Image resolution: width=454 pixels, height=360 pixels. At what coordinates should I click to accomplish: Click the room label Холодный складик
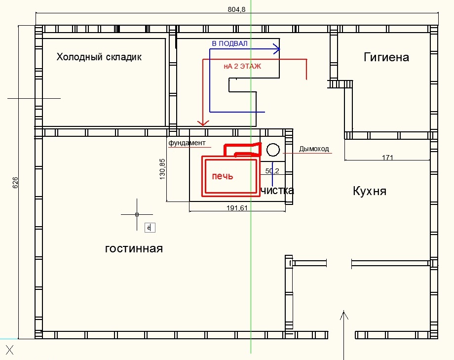tap(99, 57)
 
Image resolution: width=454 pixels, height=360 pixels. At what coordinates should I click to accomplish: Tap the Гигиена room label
tap(386, 57)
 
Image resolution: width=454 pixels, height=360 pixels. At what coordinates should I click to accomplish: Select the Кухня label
tap(369, 191)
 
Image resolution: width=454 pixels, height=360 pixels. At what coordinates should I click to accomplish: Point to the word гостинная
tap(134, 248)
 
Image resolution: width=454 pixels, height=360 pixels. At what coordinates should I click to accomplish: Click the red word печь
tap(222, 176)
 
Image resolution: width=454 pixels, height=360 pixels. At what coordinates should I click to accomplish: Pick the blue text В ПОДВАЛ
tap(229, 44)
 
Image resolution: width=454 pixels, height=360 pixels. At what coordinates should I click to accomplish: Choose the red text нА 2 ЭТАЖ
tap(242, 66)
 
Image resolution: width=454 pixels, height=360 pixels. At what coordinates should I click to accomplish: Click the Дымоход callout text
tap(314, 149)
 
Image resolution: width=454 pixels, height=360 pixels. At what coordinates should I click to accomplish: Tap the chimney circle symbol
tap(272, 150)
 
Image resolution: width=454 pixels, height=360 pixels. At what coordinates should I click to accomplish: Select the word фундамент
tap(187, 143)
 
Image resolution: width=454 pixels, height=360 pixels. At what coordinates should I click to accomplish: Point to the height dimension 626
tap(15, 183)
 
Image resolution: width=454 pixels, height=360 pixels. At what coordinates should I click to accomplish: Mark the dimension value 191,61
tap(237, 208)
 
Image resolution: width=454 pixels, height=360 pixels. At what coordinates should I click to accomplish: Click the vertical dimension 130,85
tap(163, 169)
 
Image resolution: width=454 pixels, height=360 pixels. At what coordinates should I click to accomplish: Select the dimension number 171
tap(387, 158)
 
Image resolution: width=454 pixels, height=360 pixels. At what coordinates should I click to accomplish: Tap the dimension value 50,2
tap(272, 171)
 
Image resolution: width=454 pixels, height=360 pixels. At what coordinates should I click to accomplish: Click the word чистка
tap(277, 191)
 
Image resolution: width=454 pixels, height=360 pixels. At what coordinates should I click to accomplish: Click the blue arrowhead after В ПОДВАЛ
tap(277, 49)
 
